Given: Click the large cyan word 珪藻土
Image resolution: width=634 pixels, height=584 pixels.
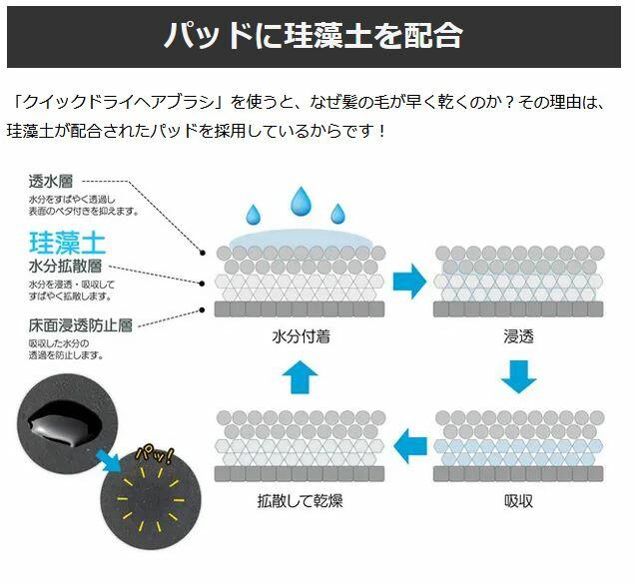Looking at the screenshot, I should (x=67, y=241).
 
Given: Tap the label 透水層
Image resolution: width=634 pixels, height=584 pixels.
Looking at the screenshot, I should (x=50, y=181).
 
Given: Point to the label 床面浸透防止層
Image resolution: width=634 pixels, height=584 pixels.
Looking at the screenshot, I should (x=79, y=324).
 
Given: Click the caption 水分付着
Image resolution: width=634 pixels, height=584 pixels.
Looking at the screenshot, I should (x=301, y=336).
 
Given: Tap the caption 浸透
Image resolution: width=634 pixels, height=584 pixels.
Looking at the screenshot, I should (x=518, y=336).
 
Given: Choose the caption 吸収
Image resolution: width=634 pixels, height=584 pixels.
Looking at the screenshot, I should (x=518, y=500).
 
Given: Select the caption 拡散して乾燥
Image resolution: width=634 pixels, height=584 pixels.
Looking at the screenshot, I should (x=301, y=500).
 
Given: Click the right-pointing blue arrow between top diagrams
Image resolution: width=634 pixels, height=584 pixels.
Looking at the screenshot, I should (x=409, y=280).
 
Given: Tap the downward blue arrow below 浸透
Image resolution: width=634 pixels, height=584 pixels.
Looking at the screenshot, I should (x=518, y=376).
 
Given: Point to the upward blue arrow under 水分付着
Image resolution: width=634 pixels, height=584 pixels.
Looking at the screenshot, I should (x=301, y=376).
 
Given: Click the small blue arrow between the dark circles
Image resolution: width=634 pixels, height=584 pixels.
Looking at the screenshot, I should (x=103, y=459).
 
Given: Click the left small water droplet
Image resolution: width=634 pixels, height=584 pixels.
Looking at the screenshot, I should (x=254, y=214).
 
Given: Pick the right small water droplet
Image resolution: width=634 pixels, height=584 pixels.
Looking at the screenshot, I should (x=337, y=214).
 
